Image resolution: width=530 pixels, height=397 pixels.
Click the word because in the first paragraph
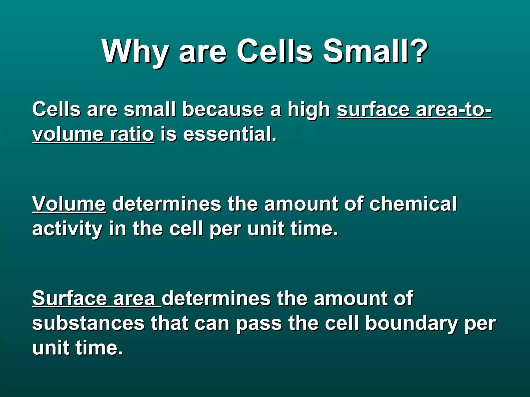pos(223,110)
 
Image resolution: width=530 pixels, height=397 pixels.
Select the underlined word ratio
pos(132,134)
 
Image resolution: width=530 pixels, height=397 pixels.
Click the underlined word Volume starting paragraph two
pos(69,204)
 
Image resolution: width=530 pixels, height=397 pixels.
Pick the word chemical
pos(413,204)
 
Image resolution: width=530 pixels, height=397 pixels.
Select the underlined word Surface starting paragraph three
pos(70,299)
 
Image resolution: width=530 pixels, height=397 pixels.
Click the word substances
pos(88,323)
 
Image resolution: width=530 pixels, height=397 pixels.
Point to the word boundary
pos(411,323)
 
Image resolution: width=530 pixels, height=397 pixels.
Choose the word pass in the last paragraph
pos(259,323)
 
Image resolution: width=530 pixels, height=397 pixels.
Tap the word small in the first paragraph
pos(150,110)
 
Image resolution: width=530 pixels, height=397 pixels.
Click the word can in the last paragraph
pos(212,323)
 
